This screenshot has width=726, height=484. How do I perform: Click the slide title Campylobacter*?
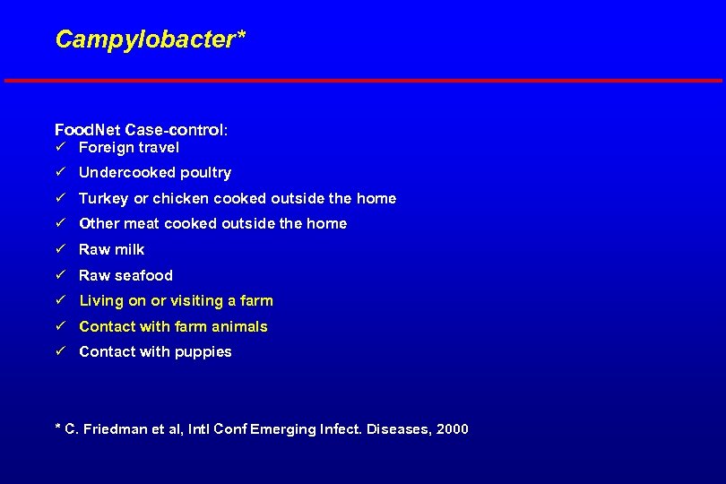coord(150,39)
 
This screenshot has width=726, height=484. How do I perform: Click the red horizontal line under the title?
coord(363,81)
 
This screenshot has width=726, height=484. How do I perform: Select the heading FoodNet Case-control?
coord(141,130)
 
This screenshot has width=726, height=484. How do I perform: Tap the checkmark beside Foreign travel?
coord(60,147)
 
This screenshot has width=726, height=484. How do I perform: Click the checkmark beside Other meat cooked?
coord(60,223)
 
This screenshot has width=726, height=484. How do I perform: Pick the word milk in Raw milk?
coord(128,249)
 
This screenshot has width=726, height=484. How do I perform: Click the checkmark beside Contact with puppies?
coord(60,351)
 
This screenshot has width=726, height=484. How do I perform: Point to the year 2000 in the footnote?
coord(452,429)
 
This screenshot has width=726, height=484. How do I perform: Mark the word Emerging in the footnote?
coord(283,429)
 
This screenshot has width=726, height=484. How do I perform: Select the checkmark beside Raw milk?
coord(60,249)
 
